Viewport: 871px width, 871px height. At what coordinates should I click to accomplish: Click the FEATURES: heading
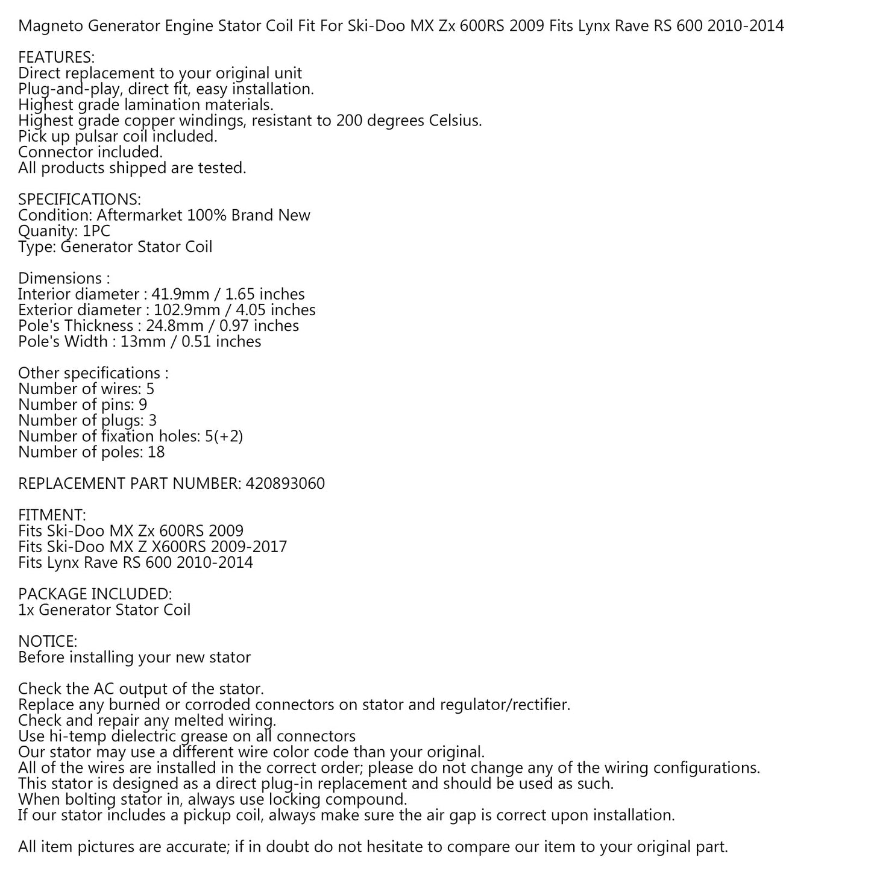pos(56,58)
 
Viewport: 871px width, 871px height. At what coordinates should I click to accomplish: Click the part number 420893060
pos(285,483)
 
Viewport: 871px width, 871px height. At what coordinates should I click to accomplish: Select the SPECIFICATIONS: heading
pos(80,200)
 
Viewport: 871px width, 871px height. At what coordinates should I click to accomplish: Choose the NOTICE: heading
pos(48,641)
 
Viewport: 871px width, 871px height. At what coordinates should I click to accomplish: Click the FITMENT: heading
pos(52,515)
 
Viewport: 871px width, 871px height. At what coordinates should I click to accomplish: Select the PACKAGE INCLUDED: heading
pos(95,594)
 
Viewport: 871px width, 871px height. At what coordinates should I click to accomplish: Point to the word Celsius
pos(454,121)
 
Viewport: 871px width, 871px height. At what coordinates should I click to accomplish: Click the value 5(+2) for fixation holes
pos(224,436)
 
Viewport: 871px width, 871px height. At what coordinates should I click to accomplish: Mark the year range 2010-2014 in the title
pos(745,26)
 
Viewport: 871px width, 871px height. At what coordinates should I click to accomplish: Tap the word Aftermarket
pos(140,215)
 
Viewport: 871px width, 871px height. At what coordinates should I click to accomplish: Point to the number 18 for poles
pos(156,452)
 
